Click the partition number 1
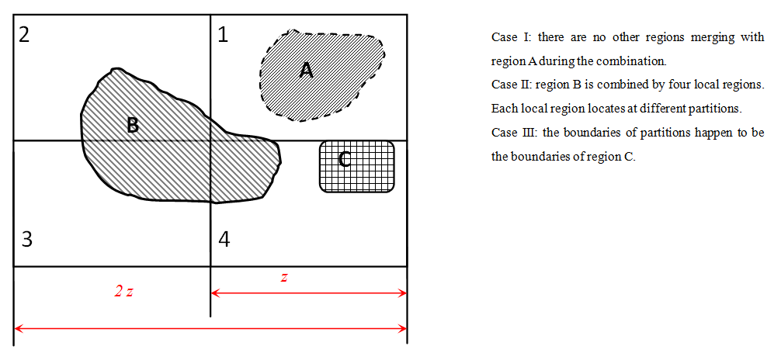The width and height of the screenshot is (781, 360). [x=223, y=35]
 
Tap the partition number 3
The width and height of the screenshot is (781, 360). [x=26, y=239]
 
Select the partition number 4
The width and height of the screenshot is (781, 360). [x=224, y=239]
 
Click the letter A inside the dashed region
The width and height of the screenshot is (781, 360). [x=306, y=71]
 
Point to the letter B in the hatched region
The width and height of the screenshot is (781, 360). [x=133, y=125]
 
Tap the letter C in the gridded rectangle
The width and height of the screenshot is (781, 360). [x=345, y=160]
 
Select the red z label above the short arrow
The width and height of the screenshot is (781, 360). [x=284, y=278]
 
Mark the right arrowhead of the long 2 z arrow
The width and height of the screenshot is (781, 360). [x=403, y=329]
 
